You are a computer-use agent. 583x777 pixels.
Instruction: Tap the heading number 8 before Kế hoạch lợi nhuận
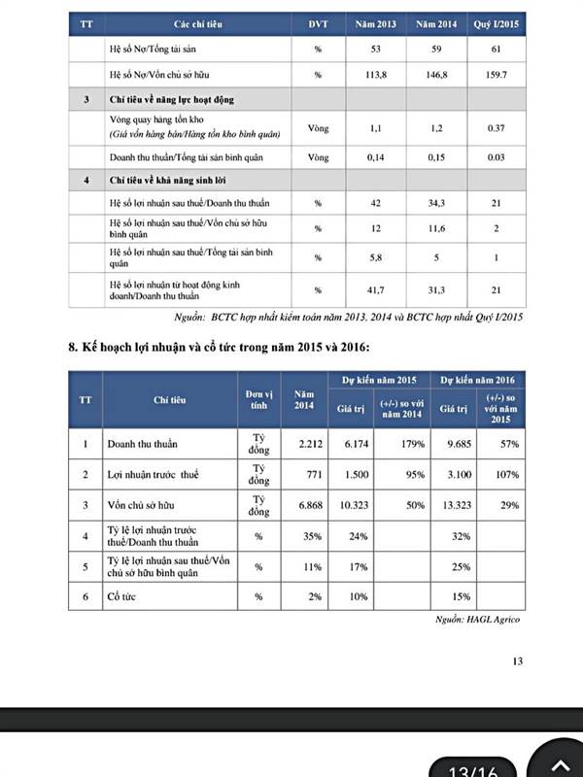72,347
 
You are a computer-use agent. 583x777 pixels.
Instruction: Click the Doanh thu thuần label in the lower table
142,444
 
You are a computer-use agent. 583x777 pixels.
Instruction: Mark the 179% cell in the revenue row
411,444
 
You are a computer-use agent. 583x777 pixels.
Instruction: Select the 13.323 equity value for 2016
452,505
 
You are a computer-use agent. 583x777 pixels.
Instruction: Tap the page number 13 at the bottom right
517,662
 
